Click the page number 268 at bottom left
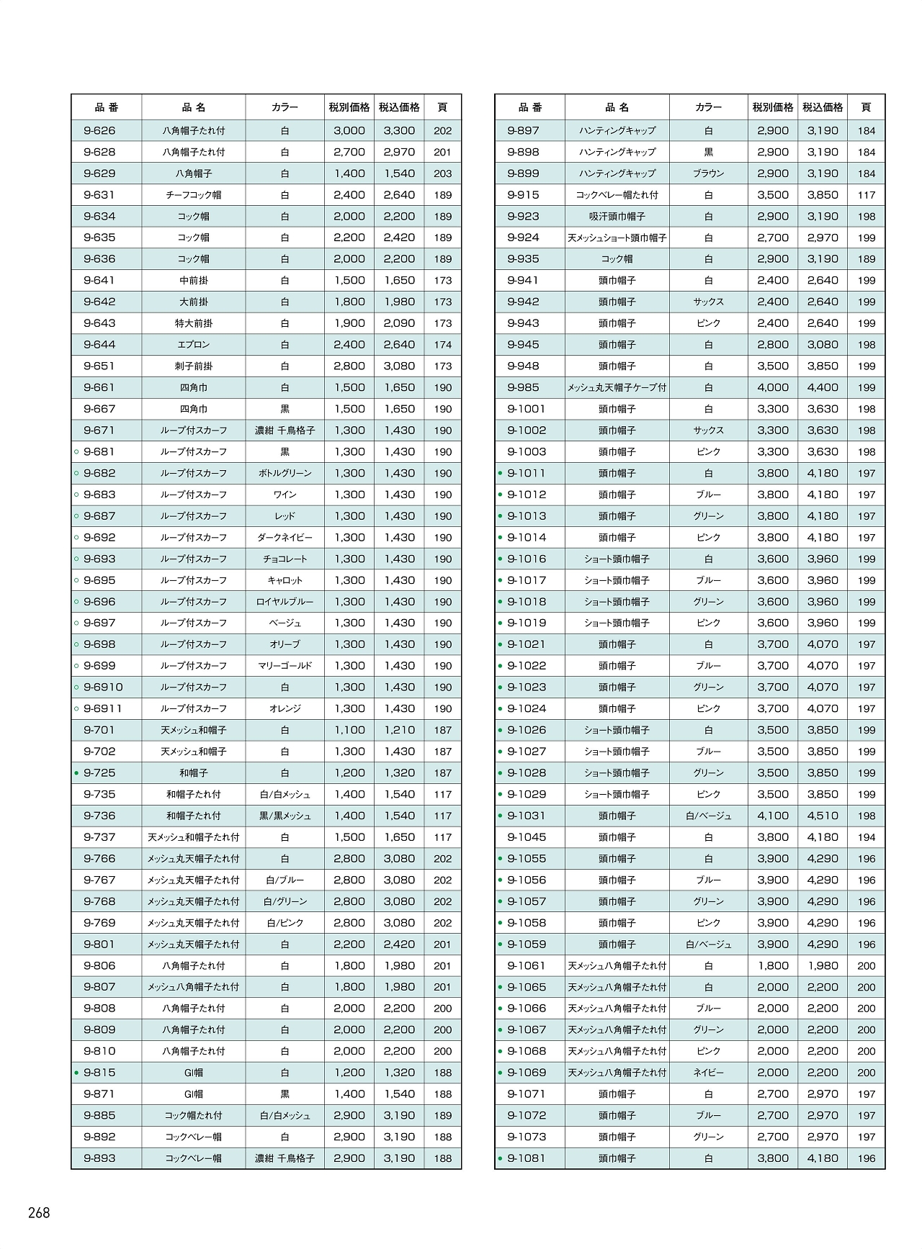[39, 1213]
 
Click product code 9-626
[99, 131]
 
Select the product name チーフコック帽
[193, 195]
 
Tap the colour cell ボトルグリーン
[285, 474]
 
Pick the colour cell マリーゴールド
[285, 666]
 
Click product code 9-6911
[103, 709]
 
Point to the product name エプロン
[193, 345]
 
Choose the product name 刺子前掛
[193, 366]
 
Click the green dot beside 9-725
[76, 773]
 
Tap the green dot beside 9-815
[76, 1073]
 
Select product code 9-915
[523, 195]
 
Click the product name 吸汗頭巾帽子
[617, 217]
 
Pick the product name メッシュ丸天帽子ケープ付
[617, 388]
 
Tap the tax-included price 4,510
[823, 816]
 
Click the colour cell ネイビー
[708, 1073]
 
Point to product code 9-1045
[527, 837]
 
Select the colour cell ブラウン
[708, 173]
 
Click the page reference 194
[867, 837]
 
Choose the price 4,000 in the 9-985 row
[773, 388]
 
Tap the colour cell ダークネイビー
[285, 538]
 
